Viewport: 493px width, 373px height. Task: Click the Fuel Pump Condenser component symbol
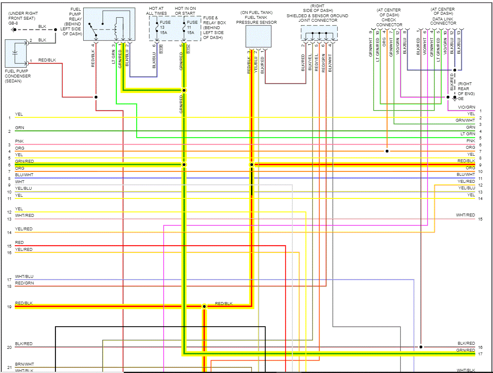click(15, 52)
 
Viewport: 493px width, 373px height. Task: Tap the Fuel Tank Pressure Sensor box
click(258, 36)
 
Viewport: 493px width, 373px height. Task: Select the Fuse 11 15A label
click(191, 27)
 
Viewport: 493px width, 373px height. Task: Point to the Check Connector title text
click(389, 20)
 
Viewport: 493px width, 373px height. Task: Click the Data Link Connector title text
click(443, 20)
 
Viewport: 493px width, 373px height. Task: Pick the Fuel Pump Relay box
click(108, 24)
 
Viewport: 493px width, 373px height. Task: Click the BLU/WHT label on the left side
click(24, 175)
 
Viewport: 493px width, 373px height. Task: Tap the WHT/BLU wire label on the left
click(24, 277)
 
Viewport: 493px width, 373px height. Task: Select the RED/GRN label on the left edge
click(24, 283)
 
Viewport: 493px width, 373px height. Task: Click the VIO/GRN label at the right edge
click(466, 107)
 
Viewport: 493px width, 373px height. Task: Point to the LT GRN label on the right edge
click(468, 134)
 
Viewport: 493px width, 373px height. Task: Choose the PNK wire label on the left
click(19, 141)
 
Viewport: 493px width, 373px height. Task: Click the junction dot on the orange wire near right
click(387, 151)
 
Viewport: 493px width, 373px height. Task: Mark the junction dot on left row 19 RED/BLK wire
click(204, 307)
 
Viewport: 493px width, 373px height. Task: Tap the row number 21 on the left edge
click(9, 367)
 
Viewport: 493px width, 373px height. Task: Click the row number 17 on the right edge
click(480, 354)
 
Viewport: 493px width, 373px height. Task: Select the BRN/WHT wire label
click(25, 364)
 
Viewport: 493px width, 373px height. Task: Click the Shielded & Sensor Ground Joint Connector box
click(319, 33)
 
